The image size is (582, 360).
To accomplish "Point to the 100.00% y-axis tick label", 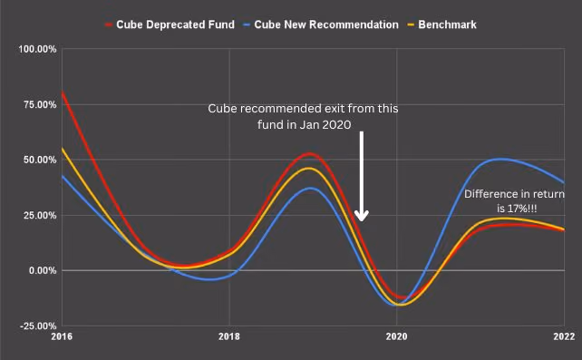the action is point(37,49).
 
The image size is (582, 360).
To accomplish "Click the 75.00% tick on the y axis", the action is point(40,104).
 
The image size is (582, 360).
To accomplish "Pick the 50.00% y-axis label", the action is point(40,160).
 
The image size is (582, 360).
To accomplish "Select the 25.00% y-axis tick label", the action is point(40,215).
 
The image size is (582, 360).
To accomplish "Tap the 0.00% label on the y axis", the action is point(43,270).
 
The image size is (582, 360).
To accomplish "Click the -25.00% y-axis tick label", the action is point(38,326).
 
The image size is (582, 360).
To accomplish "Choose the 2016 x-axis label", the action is point(62,336).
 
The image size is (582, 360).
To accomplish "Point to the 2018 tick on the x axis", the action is point(229,336).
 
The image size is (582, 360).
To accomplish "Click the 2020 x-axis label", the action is point(396,336).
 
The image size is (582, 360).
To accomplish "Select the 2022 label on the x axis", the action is point(564,336).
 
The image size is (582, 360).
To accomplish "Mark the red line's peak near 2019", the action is point(309,153).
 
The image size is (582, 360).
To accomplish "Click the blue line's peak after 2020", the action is point(500,160).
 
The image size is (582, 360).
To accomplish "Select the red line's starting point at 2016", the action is point(62,92).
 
